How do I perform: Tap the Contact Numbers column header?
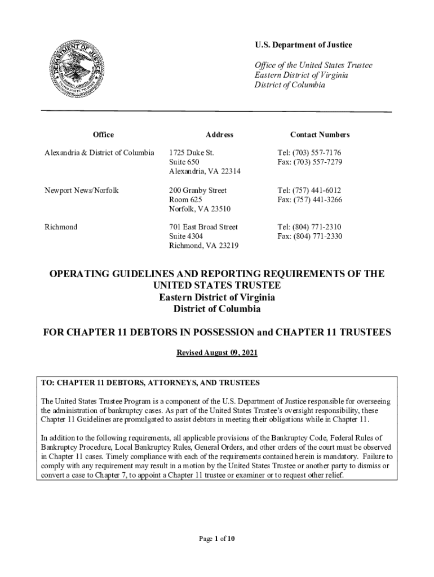[320, 135]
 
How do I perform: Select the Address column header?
[219, 135]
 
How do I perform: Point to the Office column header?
[103, 135]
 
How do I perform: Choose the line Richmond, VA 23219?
[203, 246]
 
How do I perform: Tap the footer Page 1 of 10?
[217, 539]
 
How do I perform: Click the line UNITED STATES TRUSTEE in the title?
[217, 286]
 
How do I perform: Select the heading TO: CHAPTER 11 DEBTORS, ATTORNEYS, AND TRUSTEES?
[150, 383]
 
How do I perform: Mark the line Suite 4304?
[186, 237]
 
